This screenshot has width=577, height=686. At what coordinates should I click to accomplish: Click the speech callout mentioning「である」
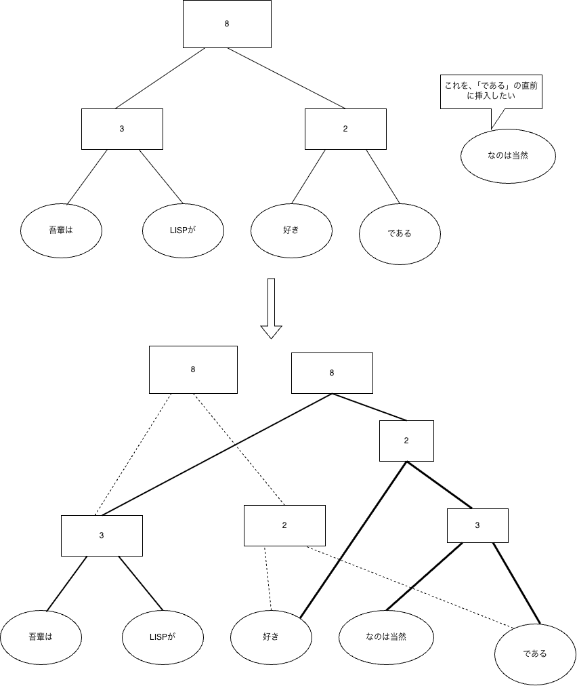click(x=491, y=92)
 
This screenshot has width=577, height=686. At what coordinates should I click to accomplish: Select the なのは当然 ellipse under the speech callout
click(x=508, y=156)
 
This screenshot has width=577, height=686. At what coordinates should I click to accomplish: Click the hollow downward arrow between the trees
click(x=271, y=308)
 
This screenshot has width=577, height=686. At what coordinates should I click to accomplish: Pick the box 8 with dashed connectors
click(x=193, y=369)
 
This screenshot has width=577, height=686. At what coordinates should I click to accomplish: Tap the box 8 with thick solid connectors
click(x=332, y=374)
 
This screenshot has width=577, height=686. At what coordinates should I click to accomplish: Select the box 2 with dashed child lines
click(x=284, y=525)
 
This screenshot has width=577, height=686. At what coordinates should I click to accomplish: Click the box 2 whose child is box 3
click(x=406, y=441)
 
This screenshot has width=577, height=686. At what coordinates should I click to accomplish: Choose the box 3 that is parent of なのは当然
click(x=477, y=525)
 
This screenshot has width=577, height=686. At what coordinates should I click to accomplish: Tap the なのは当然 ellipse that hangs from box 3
click(x=386, y=637)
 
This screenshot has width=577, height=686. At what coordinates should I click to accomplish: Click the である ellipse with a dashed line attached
click(x=535, y=654)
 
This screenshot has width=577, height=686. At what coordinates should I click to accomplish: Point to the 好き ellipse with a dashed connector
click(x=271, y=637)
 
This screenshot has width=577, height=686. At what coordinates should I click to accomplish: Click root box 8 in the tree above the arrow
click(x=227, y=24)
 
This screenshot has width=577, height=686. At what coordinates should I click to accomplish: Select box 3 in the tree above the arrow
click(x=122, y=129)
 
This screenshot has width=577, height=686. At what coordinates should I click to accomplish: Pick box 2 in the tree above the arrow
click(x=345, y=129)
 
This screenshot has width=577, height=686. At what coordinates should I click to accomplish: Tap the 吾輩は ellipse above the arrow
click(x=61, y=230)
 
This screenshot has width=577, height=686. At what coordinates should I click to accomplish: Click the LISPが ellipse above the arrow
click(x=183, y=230)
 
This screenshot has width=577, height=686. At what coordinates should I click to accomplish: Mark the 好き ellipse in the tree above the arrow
click(x=291, y=230)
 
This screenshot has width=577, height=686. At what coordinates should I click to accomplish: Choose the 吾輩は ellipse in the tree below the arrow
click(x=41, y=637)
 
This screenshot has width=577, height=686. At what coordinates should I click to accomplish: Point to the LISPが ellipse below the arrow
click(x=163, y=637)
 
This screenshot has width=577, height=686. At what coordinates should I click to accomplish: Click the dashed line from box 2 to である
click(x=410, y=588)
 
